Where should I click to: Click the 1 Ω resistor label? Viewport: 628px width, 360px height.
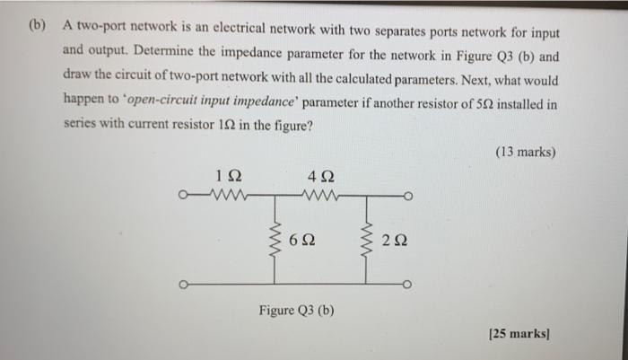tap(228, 175)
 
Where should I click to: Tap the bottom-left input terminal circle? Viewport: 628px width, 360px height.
tap(183, 286)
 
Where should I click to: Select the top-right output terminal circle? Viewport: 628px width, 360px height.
tap(408, 194)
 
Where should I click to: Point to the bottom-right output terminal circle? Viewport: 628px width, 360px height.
tap(408, 286)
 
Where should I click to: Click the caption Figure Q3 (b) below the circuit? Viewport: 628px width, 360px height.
tap(297, 311)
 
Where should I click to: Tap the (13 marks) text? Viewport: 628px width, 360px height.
tap(526, 152)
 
